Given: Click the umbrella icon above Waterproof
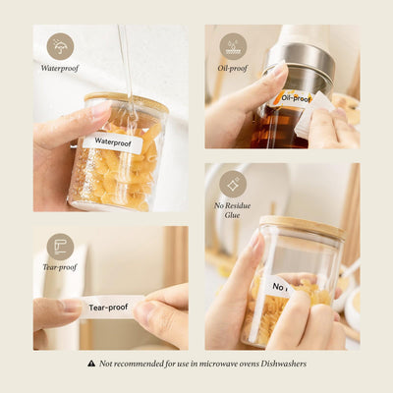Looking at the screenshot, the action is [x=60, y=46].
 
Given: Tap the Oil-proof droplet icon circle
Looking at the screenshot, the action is [x=233, y=46].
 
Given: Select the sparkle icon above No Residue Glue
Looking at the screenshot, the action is [x=233, y=184].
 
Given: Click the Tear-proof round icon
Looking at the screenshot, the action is [x=60, y=247].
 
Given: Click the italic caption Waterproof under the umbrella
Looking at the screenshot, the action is [x=60, y=68].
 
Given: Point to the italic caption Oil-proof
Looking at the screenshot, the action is [x=233, y=68].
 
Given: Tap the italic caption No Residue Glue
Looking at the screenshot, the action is [x=233, y=210].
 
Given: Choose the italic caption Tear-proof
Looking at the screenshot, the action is [x=60, y=267].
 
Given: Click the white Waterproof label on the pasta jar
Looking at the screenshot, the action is [x=113, y=142].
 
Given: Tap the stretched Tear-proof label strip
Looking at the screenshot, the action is [x=109, y=308].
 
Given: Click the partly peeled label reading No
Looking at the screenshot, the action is [x=277, y=287].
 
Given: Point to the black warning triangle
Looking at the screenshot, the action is [x=91, y=364].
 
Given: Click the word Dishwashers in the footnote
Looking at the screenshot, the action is [x=284, y=364].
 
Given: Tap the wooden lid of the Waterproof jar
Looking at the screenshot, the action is [x=127, y=101].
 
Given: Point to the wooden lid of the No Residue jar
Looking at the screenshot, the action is [x=302, y=227].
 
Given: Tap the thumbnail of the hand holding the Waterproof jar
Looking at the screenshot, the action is [x=101, y=110].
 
